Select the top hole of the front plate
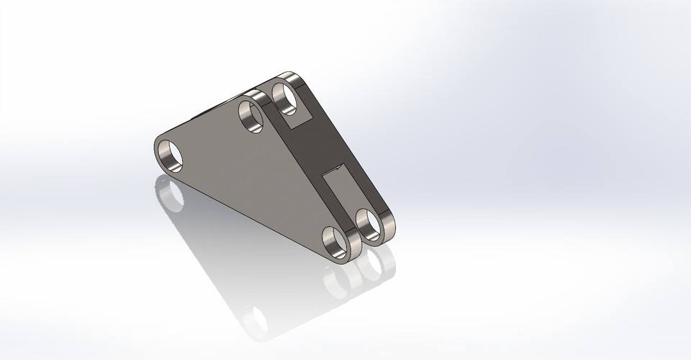click(x=252, y=117)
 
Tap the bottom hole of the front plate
click(x=335, y=242)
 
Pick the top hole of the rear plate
click(x=286, y=97)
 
